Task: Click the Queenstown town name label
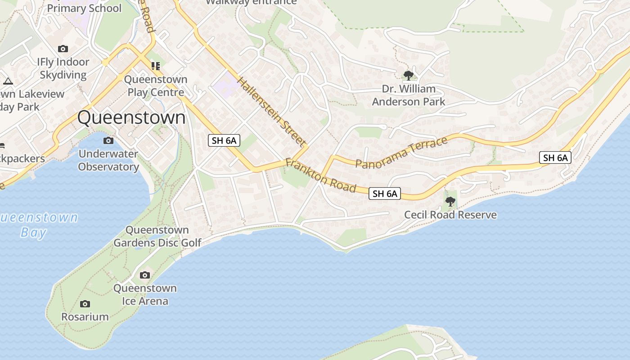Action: [x=131, y=117]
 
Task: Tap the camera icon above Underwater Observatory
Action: [x=108, y=141]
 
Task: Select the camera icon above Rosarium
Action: [x=85, y=304]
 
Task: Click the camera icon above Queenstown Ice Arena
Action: [x=145, y=275]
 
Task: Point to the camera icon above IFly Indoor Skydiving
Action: [x=63, y=49]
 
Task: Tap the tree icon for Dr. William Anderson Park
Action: [x=409, y=75]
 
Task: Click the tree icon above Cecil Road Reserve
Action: [x=450, y=201]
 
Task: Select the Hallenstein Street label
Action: [x=271, y=111]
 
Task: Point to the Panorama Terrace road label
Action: [x=401, y=152]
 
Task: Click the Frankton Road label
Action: [x=320, y=175]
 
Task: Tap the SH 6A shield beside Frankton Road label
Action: [x=385, y=193]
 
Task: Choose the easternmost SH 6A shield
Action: [x=555, y=157]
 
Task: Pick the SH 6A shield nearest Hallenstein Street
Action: [x=224, y=140]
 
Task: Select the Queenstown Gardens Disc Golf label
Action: [x=157, y=236]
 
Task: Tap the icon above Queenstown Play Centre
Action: [x=156, y=67]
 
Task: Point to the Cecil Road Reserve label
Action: [x=450, y=215]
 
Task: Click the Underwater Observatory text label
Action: [x=108, y=160]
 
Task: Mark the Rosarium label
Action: [x=85, y=317]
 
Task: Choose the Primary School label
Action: [x=84, y=8]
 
